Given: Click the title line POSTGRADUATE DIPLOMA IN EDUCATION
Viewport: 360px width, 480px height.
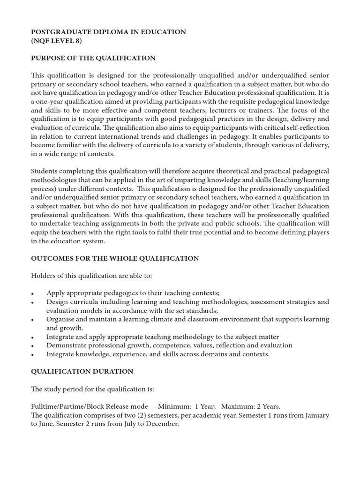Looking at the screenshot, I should click(108, 32).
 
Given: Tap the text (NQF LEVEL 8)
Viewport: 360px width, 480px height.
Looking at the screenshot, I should click(56, 41).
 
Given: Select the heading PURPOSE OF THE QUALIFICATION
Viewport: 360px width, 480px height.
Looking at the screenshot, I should click(93, 58).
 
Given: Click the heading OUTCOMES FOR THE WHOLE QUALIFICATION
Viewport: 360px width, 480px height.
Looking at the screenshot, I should click(115, 258).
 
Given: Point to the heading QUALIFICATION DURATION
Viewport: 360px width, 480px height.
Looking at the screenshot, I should click(82, 371).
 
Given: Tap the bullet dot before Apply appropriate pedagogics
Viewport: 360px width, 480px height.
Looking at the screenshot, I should click(32, 293).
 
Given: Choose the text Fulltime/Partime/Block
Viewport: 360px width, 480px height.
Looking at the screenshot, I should click(70, 406).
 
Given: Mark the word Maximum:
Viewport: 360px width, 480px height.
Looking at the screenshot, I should click(237, 406).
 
